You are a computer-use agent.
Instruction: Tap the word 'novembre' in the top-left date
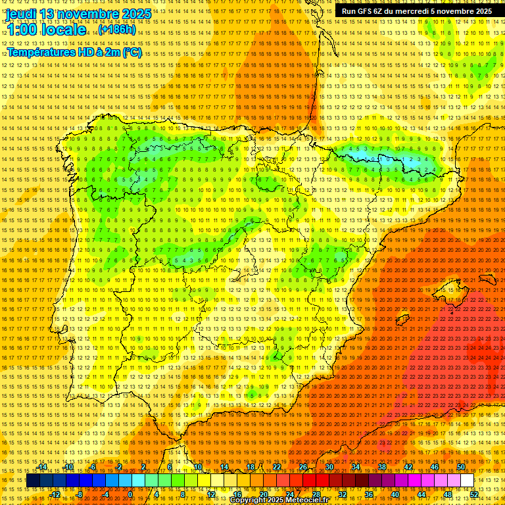(87, 14)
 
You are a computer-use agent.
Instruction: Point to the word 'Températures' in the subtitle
(43, 53)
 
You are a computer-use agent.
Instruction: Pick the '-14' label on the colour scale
(42, 468)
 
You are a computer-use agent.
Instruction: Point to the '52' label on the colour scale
(474, 494)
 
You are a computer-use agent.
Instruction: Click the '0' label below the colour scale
(130, 494)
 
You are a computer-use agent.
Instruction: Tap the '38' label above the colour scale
(382, 468)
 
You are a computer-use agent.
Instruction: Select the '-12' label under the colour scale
(55, 494)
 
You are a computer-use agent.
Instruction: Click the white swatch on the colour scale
(467, 481)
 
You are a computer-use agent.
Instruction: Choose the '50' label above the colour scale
(461, 468)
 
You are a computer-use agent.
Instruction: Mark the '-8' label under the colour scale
(80, 494)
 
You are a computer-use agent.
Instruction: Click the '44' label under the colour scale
(421, 494)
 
